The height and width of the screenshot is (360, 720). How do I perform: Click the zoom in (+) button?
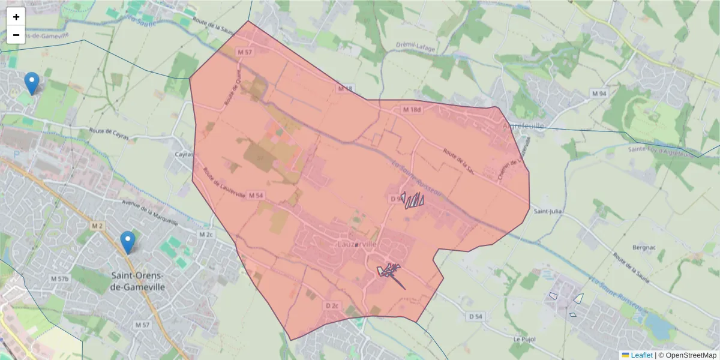[16, 17]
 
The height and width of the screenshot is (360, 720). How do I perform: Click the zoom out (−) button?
[16, 35]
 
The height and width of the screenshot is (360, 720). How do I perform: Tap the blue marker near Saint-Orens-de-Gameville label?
[127, 242]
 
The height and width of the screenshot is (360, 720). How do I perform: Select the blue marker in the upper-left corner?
[31, 83]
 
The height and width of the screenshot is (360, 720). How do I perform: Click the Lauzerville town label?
[356, 245]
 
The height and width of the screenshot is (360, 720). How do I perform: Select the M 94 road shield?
[599, 94]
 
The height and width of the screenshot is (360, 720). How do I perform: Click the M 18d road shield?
[412, 110]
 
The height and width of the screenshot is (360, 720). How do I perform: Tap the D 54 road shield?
[476, 316]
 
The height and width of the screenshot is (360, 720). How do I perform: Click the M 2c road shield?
[206, 234]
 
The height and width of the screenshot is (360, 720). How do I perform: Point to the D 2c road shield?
[332, 305]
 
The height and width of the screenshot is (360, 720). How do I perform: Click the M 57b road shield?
[59, 278]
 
